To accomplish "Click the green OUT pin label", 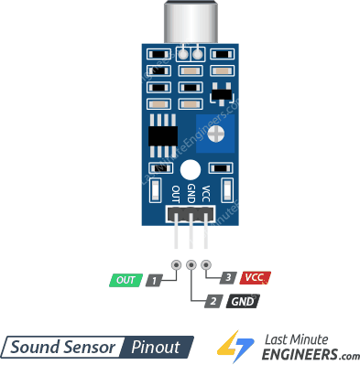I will [x=125, y=279].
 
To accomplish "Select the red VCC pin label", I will [x=255, y=276].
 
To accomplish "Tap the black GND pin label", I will [x=243, y=300].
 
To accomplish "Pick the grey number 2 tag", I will [x=212, y=300].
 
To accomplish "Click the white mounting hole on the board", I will [x=191, y=169].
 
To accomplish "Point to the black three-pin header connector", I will [x=191, y=214].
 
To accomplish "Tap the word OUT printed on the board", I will [x=176, y=193].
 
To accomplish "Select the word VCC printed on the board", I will [x=206, y=193].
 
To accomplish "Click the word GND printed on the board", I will [x=191, y=193].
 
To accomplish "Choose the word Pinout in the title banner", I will [x=158, y=347].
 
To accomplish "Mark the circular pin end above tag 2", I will [x=191, y=265].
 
